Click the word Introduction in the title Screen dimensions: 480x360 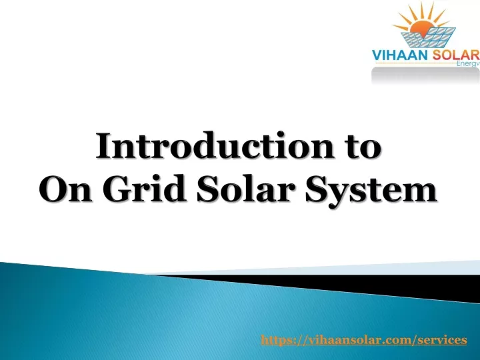[214, 145]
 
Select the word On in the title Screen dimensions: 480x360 [65, 188]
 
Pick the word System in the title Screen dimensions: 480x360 [371, 191]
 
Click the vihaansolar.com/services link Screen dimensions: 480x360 [364, 340]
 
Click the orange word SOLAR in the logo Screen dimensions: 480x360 [454, 55]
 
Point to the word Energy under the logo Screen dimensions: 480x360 [468, 64]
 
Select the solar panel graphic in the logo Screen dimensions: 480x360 [428, 37]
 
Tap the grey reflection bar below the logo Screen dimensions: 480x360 [425, 75]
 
